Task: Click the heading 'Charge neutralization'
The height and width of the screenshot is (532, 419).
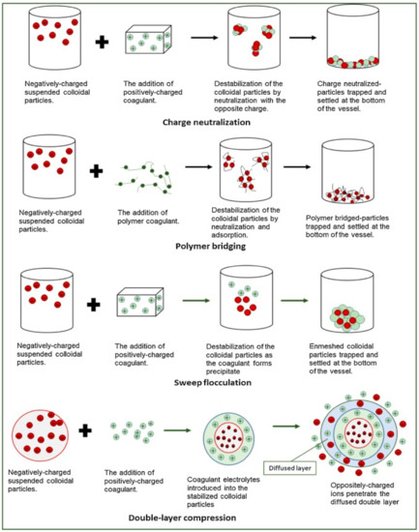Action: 210,123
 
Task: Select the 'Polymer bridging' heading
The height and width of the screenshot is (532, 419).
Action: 210,246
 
